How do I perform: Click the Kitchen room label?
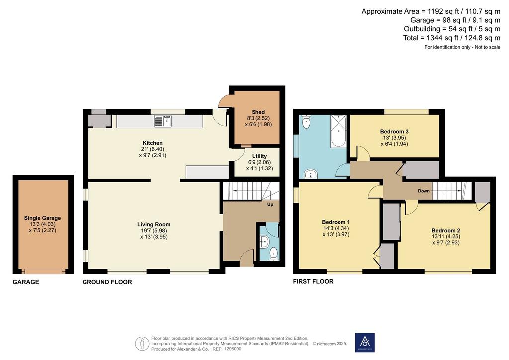tap(153, 143)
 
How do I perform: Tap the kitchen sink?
tap(163, 121)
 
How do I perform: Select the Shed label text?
tap(258, 112)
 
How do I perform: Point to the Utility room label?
tap(259, 156)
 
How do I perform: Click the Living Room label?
tap(154, 224)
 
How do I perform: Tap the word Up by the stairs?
tap(270, 204)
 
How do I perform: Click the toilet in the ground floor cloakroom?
tap(274, 253)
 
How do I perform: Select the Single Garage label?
tap(42, 218)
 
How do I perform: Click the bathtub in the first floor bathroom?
tap(339, 131)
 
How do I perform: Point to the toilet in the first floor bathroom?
tap(306, 122)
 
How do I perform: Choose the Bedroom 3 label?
tap(394, 131)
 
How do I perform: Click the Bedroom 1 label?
tap(336, 222)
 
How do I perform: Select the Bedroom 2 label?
tap(446, 231)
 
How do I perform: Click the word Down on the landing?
tap(424, 191)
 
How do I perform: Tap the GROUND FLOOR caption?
tap(107, 282)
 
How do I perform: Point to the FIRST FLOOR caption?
tap(313, 281)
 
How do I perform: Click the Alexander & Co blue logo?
tap(365, 342)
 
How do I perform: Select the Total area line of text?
tap(451, 38)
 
